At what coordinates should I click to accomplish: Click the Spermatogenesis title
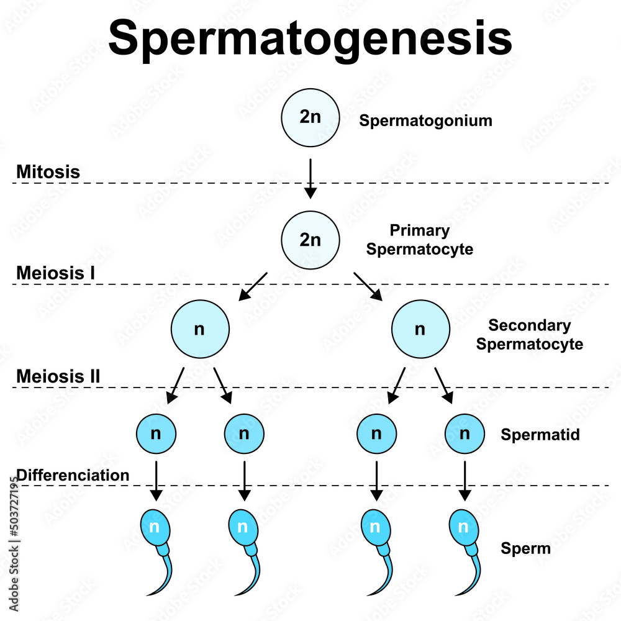click(310, 37)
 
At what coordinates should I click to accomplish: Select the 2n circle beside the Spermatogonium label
click(310, 118)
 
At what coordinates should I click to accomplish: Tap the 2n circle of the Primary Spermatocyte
click(310, 240)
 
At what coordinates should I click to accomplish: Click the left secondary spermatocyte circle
click(199, 329)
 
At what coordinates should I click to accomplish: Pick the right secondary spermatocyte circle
click(420, 329)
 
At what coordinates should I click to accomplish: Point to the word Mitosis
click(48, 172)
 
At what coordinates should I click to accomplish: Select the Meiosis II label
click(58, 376)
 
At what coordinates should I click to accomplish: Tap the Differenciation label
click(73, 475)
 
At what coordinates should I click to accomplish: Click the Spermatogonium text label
click(425, 120)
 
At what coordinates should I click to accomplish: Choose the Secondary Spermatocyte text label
click(529, 335)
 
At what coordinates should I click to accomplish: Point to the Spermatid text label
click(540, 434)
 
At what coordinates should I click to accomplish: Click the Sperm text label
click(525, 549)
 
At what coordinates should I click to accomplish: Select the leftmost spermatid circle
click(156, 433)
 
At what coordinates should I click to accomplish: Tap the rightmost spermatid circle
click(465, 433)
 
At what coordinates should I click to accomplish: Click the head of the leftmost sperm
click(154, 528)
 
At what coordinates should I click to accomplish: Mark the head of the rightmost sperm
click(463, 528)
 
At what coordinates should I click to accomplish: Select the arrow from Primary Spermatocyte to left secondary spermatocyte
click(253, 286)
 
